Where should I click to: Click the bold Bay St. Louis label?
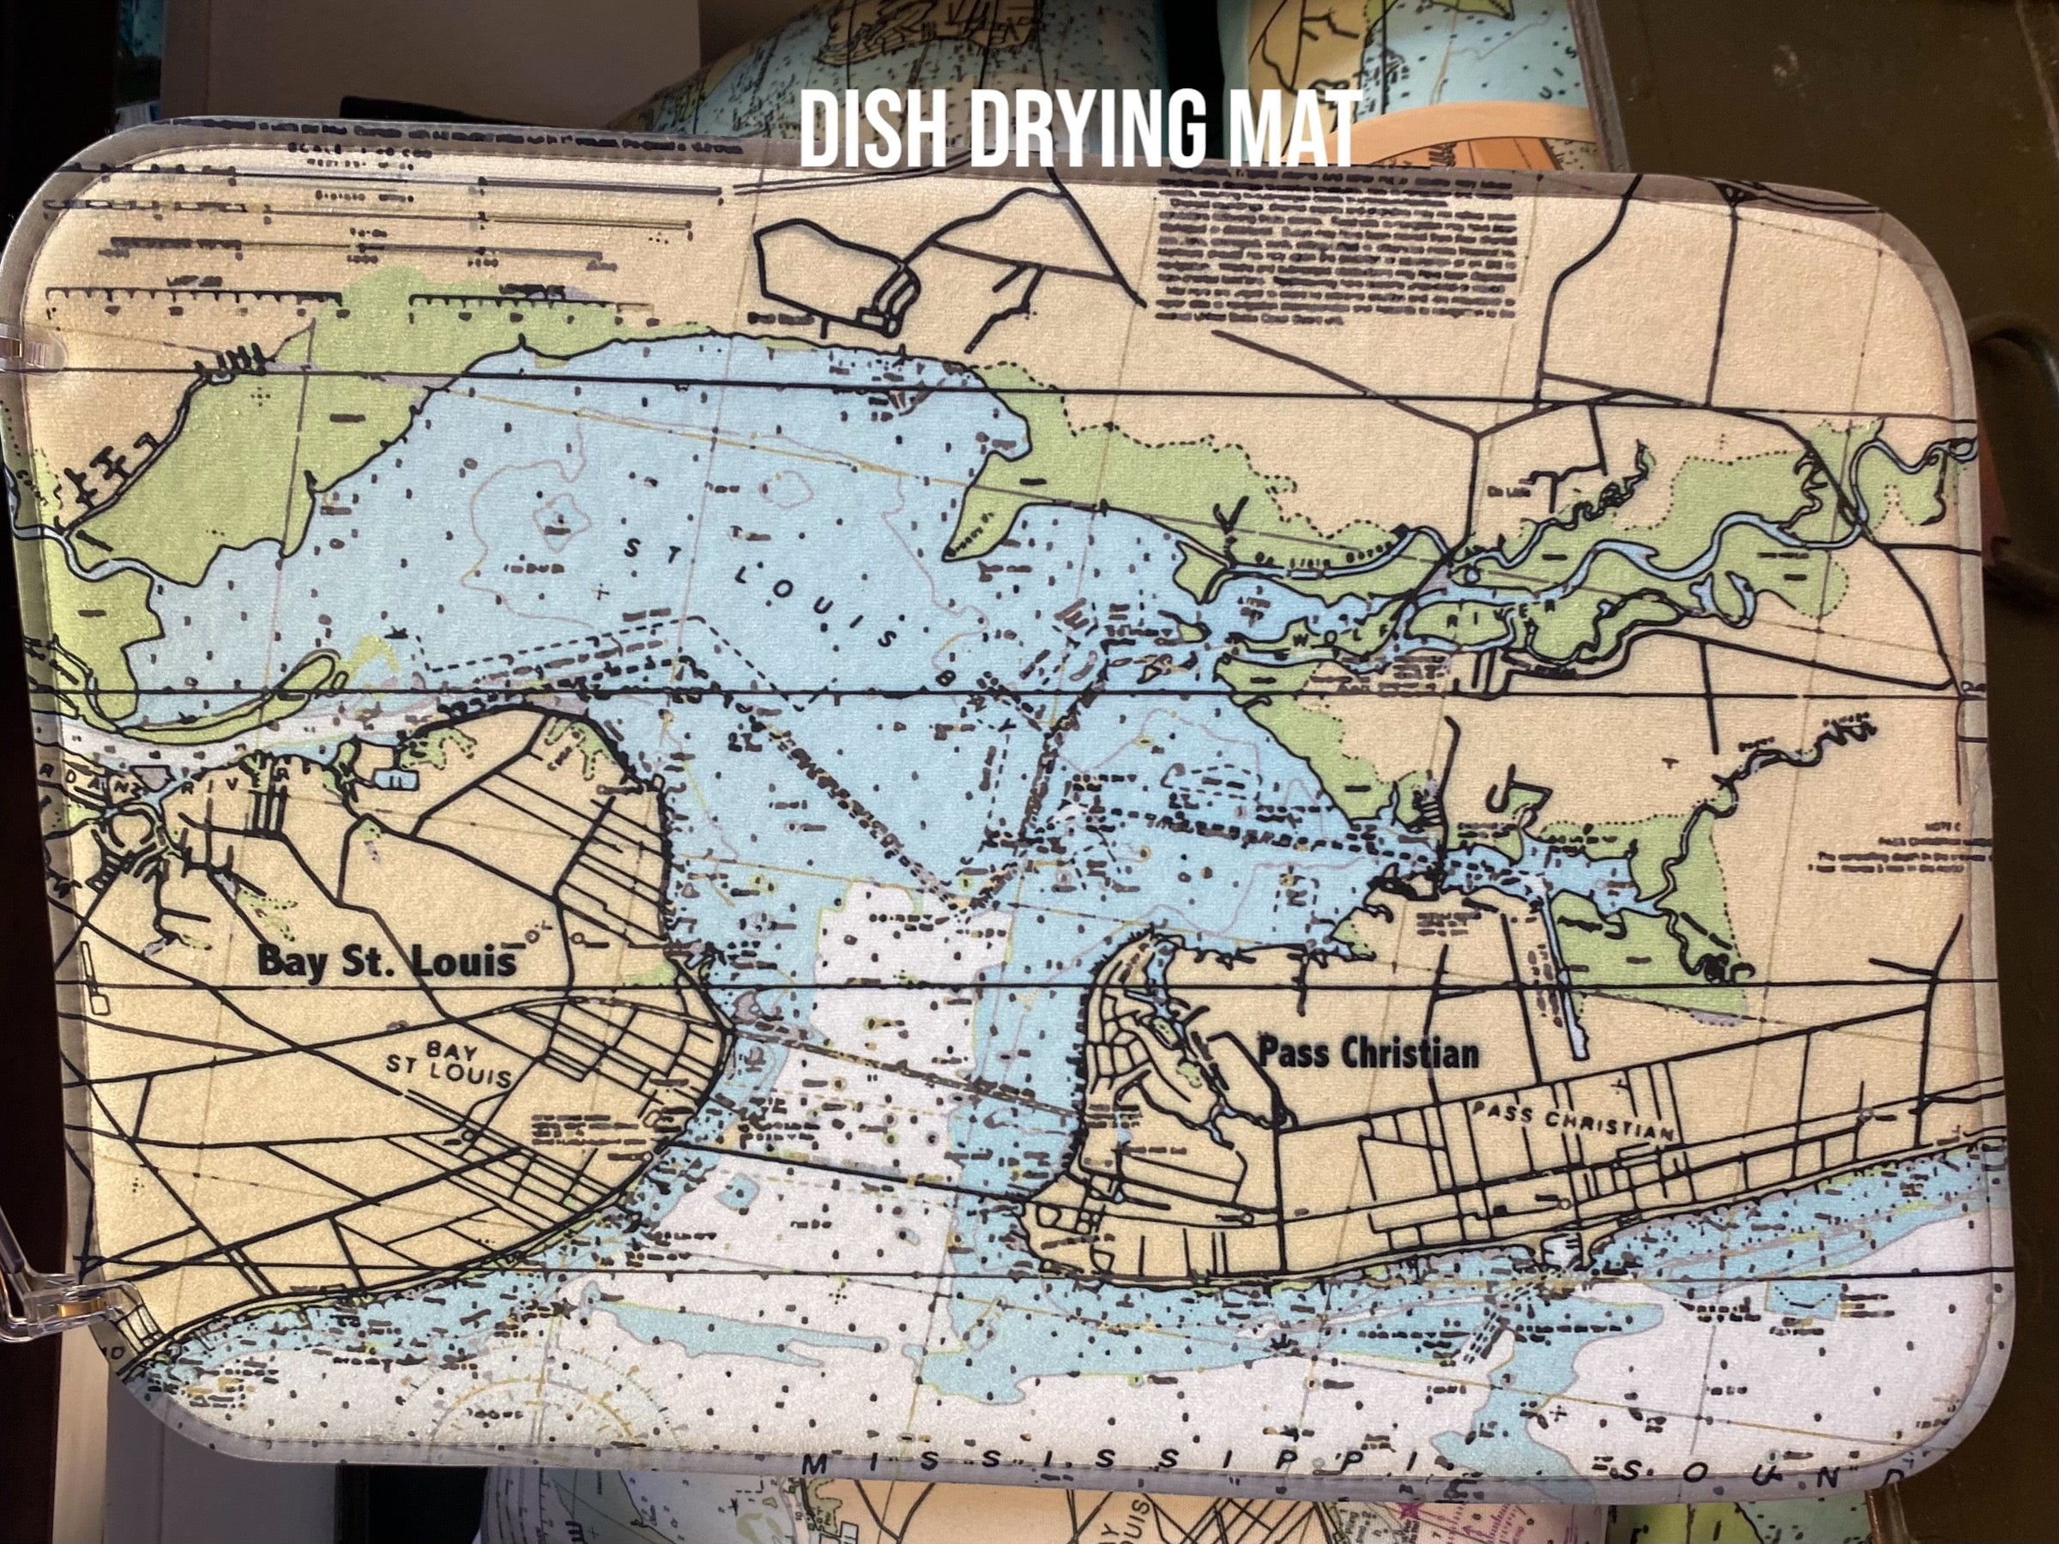(x=385, y=961)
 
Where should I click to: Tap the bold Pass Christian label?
(x=1368, y=1053)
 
